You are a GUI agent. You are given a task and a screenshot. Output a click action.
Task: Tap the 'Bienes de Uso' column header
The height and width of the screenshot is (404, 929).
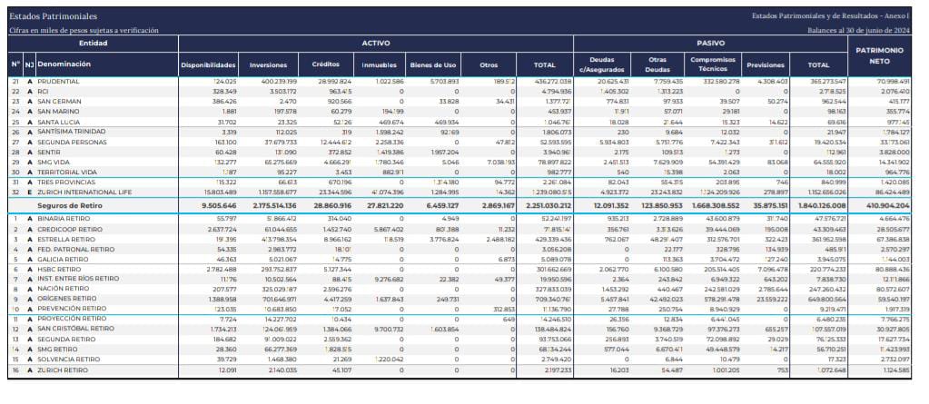pos(433,65)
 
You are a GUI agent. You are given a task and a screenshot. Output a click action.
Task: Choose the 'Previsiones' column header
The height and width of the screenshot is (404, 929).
pos(765,65)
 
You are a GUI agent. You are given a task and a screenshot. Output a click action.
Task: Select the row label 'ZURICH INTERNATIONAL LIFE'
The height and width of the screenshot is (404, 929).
pos(84,192)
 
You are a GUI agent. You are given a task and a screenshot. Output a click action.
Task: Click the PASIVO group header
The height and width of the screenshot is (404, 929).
pos(710,43)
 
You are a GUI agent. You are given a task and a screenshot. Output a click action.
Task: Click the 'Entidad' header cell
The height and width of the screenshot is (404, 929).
pos(94,43)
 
